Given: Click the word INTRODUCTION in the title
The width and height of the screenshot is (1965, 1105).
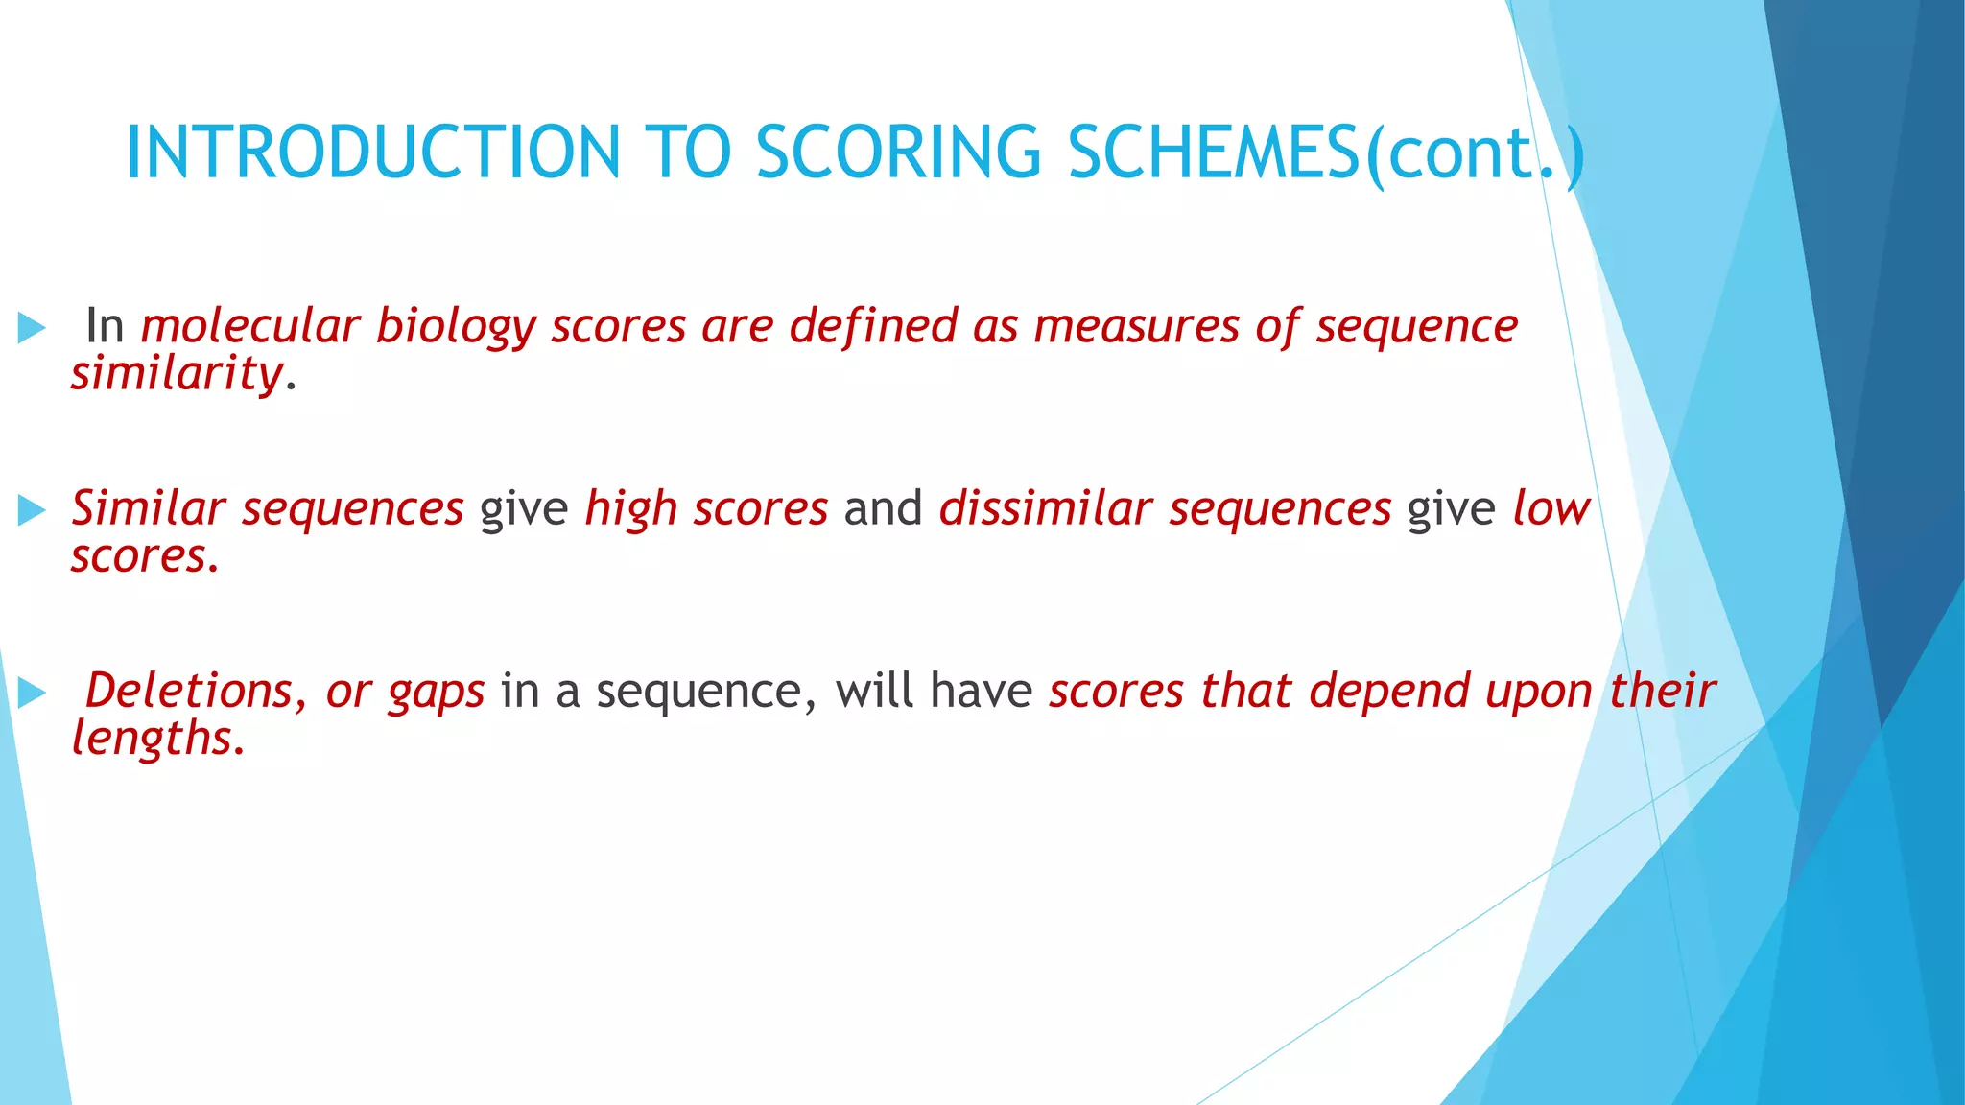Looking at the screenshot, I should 372,153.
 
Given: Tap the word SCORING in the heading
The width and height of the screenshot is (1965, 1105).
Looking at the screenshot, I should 898,153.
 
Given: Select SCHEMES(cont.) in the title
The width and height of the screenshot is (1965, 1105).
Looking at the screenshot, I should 1324,153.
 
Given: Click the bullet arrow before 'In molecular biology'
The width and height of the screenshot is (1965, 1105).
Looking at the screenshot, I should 32,328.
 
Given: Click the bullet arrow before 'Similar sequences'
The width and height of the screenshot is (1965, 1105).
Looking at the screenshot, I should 32,510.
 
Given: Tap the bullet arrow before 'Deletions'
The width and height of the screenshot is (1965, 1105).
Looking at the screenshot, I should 32,693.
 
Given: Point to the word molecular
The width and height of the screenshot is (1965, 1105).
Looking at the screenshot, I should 249,326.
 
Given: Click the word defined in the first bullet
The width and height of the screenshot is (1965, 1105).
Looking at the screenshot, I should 873,326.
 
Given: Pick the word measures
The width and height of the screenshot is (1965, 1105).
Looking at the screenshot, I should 1136,326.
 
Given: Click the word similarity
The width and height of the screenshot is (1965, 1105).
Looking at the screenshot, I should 178,374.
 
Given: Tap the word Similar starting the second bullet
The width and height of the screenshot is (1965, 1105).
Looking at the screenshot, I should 149,508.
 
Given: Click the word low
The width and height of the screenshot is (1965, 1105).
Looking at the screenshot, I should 1551,508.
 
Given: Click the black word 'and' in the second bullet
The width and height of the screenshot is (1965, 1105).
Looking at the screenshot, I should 883,508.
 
